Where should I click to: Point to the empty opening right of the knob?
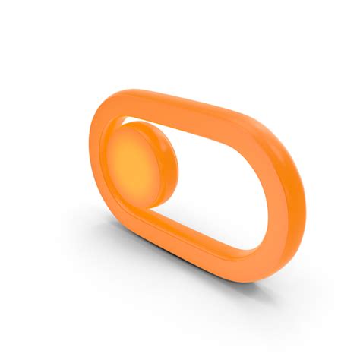pyautogui.click(x=228, y=178)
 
